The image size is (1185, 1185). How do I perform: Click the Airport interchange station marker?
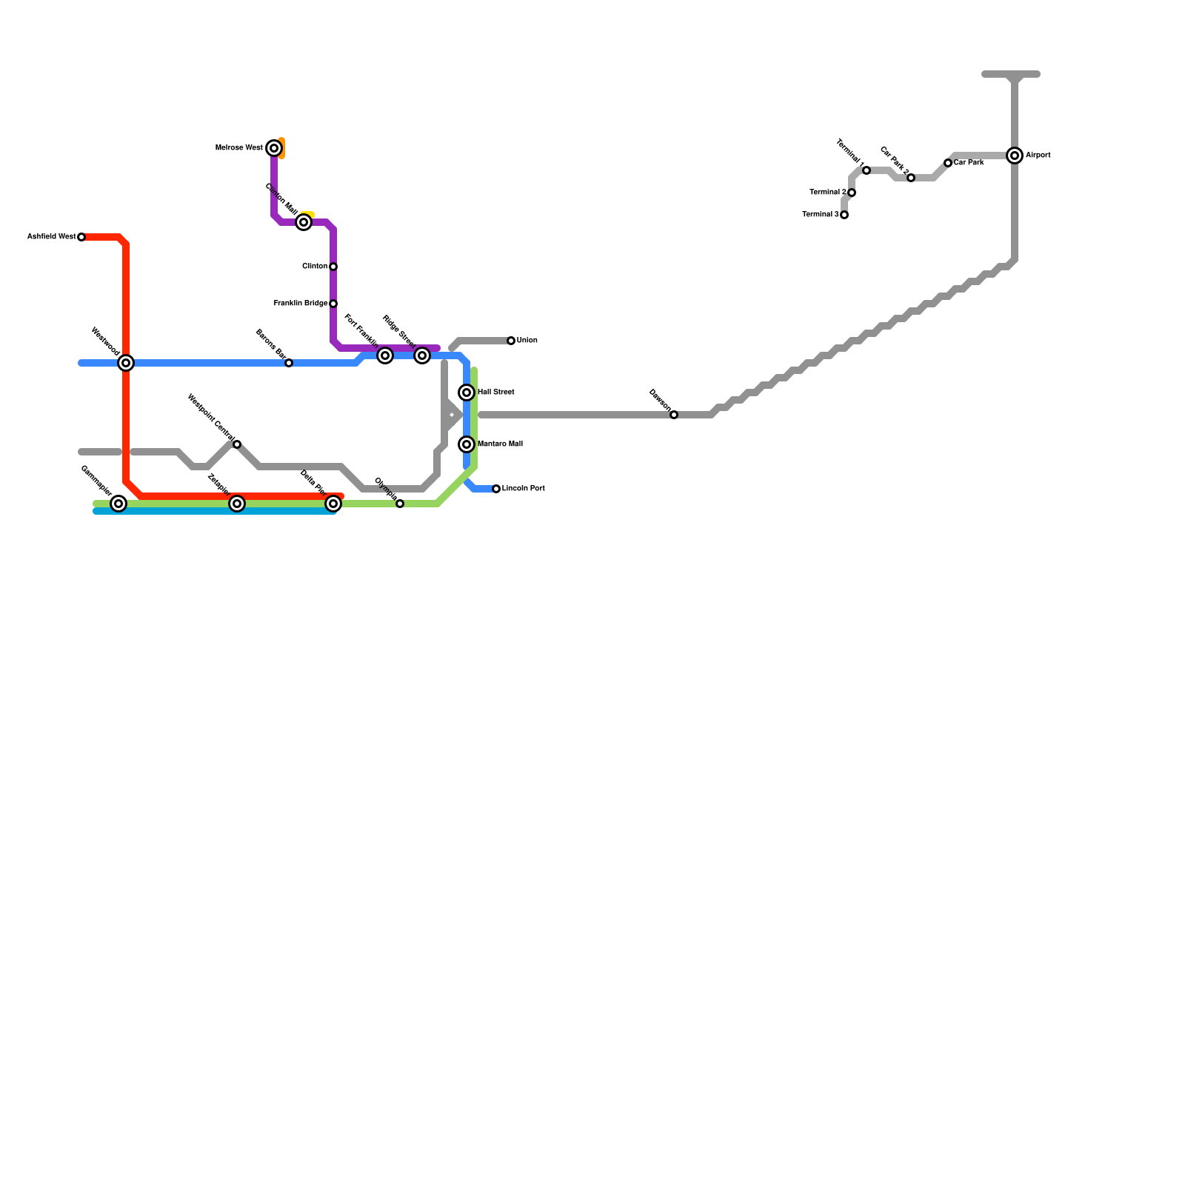pos(1015,156)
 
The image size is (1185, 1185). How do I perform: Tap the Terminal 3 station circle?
pos(844,215)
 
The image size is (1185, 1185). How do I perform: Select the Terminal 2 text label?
pos(828,193)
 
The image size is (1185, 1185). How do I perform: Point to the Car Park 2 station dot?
pos(911,178)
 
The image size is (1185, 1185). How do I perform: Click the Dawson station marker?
pos(674,415)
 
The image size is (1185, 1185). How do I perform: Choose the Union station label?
pos(527,341)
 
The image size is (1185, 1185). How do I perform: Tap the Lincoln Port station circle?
pos(496,489)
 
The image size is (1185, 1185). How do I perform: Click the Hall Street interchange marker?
pos(467,393)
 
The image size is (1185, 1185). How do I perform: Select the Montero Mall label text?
pos(501,444)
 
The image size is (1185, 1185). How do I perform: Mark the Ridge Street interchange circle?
pos(422,355)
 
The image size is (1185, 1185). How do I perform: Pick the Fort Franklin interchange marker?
pos(385,355)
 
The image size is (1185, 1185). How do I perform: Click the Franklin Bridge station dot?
pos(333,304)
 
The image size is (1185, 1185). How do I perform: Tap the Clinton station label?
pos(315,267)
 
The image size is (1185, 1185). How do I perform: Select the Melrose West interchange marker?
pos(274,148)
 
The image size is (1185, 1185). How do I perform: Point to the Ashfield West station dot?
pos(81,237)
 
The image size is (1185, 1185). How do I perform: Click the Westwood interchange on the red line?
pos(126,363)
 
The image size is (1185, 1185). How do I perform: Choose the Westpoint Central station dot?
pos(237,444)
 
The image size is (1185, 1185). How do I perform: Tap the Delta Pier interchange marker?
pos(333,504)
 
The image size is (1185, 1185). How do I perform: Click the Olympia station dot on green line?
pos(400,504)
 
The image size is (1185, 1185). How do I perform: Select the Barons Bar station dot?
pos(289,363)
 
